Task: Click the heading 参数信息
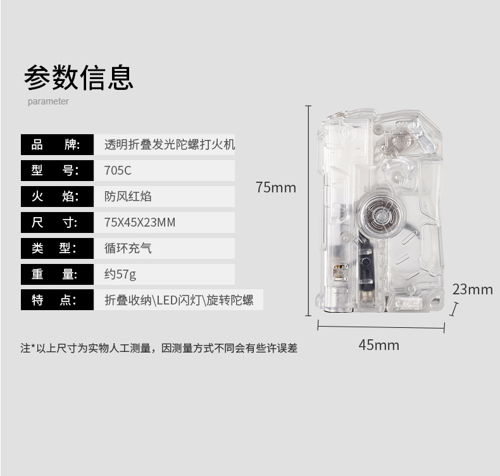click(x=79, y=77)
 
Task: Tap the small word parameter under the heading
click(x=48, y=101)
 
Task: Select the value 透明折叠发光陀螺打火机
click(x=169, y=144)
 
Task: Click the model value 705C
click(x=118, y=170)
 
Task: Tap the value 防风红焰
click(x=128, y=196)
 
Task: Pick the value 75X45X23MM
click(x=139, y=222)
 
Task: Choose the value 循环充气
click(x=128, y=248)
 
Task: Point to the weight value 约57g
click(x=120, y=274)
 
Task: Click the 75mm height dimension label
click(x=276, y=187)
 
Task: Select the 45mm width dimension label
click(x=378, y=345)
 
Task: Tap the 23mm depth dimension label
click(x=472, y=289)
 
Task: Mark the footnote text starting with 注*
click(x=158, y=348)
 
